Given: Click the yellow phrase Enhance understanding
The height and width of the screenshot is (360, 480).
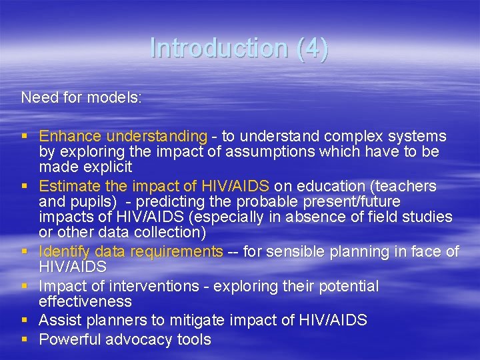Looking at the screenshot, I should pyautogui.click(x=123, y=136).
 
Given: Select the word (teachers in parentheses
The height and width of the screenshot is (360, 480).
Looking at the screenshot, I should pyautogui.click(x=405, y=186).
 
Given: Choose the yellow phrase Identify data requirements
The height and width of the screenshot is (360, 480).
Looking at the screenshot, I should pyautogui.click(x=131, y=251).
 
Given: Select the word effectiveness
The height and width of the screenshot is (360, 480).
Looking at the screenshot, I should pyautogui.click(x=86, y=301).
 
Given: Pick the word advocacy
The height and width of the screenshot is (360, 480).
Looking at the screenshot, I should pyautogui.click(x=137, y=339).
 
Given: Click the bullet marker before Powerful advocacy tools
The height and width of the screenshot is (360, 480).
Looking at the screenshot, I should pyautogui.click(x=25, y=339).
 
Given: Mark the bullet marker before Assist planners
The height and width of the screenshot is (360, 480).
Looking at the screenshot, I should pyautogui.click(x=25, y=320).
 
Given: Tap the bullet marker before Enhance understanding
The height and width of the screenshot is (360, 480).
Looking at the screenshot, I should pyautogui.click(x=25, y=136).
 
